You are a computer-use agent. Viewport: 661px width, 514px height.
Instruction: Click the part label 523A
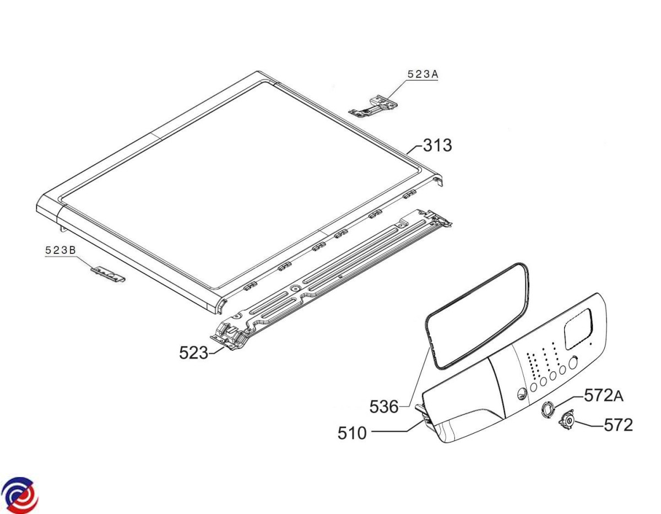pyautogui.click(x=422, y=74)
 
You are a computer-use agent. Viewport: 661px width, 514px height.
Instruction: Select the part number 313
pyautogui.click(x=437, y=145)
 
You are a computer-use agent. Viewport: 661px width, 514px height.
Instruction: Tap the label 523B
pyautogui.click(x=60, y=250)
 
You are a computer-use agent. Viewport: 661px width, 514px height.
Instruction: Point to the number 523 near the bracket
pyautogui.click(x=193, y=353)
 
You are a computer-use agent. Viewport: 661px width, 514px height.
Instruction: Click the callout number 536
pyautogui.click(x=384, y=407)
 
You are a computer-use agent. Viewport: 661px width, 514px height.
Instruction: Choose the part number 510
pyautogui.click(x=352, y=433)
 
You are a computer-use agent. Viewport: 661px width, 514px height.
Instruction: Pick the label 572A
pyautogui.click(x=604, y=396)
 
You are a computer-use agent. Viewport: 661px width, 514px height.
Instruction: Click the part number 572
pyautogui.click(x=618, y=425)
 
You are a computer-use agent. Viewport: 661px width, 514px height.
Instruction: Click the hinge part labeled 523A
pyautogui.click(x=373, y=106)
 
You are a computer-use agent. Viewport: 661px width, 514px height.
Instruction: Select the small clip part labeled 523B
pyautogui.click(x=109, y=274)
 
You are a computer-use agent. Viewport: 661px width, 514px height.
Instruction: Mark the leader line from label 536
pyautogui.click(x=415, y=378)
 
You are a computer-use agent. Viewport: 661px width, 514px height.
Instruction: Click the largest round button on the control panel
pyautogui.click(x=573, y=362)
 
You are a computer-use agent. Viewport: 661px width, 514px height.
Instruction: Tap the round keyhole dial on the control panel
pyautogui.click(x=521, y=393)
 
